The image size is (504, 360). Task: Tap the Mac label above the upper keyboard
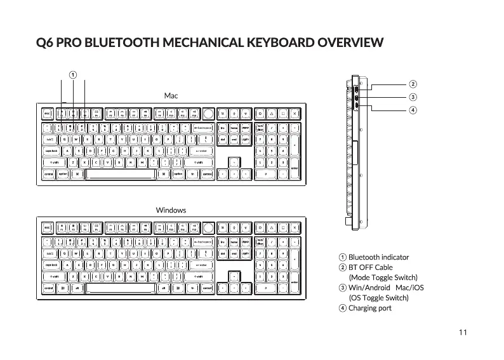coord(171,95)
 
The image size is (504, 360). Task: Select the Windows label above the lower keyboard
coord(171,210)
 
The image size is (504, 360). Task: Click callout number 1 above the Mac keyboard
coord(74,74)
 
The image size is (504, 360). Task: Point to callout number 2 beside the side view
coord(413,84)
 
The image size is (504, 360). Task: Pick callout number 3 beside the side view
coord(413,97)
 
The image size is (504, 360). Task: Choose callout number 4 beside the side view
coord(413,110)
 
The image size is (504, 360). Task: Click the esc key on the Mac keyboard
coord(48,114)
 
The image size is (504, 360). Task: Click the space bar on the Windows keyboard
coord(119,288)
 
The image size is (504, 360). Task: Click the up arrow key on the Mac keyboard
coord(234,162)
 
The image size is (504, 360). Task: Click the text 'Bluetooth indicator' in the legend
coord(379,257)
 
